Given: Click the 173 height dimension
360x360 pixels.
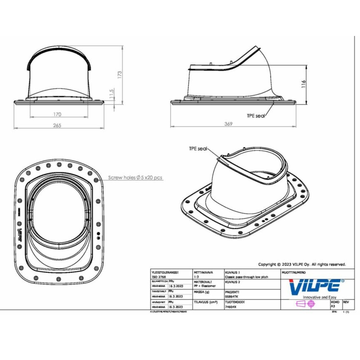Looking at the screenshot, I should click(120, 74).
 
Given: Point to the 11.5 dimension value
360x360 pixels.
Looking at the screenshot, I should click(111, 94).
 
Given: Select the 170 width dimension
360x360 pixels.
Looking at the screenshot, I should click(57, 114).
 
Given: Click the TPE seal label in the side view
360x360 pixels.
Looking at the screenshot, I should click(256, 115).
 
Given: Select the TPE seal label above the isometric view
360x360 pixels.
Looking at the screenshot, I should click(198, 149).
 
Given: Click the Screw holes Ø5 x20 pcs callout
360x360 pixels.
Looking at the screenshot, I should click(135, 178).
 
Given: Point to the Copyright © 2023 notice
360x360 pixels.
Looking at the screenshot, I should click(302, 264).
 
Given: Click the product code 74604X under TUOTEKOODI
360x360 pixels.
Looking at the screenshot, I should click(231, 307).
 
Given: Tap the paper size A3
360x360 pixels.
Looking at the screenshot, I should click(333, 306).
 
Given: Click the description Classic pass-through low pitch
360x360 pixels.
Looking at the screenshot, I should click(246, 277).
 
